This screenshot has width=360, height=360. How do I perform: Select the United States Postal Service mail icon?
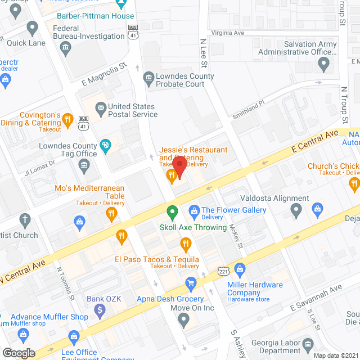[x=101, y=107]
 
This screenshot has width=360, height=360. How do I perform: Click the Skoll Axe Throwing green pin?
[x=173, y=212]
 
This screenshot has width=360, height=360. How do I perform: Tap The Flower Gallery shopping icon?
[x=194, y=211]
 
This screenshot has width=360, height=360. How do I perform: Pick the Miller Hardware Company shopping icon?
[x=240, y=269]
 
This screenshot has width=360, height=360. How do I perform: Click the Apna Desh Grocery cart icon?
[x=191, y=282]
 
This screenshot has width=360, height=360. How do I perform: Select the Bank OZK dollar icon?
[x=100, y=309]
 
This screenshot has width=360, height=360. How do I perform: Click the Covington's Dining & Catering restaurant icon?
[x=67, y=119]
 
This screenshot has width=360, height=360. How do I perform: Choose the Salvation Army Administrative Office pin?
[x=323, y=65]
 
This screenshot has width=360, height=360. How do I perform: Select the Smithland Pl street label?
[x=248, y=110]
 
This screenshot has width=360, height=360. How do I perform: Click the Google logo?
[x=18, y=353]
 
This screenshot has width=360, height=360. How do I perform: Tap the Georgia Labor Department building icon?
[x=308, y=344]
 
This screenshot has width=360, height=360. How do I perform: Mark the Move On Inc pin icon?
[x=183, y=320]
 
